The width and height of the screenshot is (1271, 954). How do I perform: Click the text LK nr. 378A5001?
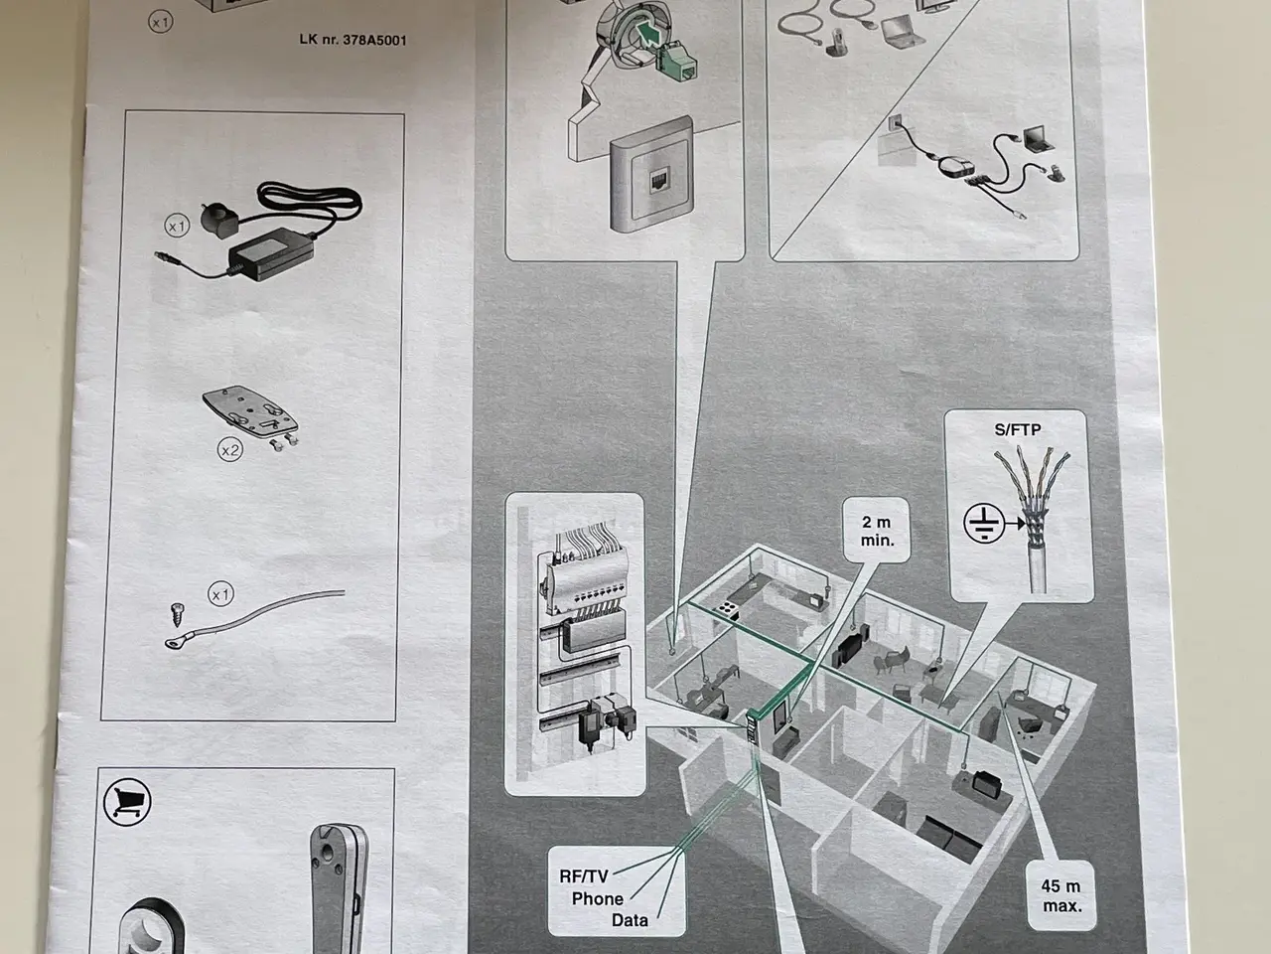[353, 40]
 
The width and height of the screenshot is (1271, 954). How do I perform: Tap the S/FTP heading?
[1018, 429]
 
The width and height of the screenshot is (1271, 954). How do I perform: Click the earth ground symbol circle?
[984, 523]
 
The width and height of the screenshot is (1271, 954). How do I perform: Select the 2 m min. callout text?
[877, 531]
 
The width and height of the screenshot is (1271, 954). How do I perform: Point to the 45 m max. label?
[1061, 895]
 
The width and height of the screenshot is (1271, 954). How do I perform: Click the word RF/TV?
[584, 876]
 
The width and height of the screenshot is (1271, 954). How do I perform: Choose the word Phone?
[598, 898]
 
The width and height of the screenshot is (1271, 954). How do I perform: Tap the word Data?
[630, 920]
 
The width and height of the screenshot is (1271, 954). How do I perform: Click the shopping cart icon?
[127, 802]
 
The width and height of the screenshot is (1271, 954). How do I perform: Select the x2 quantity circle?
[230, 450]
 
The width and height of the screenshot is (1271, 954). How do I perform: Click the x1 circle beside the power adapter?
[177, 226]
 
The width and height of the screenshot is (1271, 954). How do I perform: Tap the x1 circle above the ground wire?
[220, 595]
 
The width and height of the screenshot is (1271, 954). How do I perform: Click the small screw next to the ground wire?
[176, 614]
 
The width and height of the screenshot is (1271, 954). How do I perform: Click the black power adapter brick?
[271, 253]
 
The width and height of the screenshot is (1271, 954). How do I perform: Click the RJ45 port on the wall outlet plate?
[659, 182]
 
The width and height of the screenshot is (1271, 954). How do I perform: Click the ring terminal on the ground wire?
[173, 641]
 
